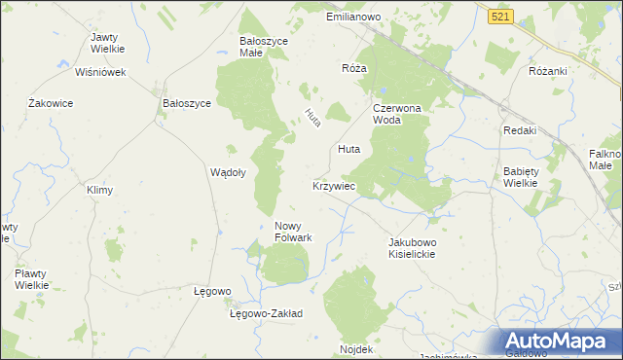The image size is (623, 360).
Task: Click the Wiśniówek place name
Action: pos(101,72)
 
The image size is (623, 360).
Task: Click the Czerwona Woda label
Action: pos(395,114)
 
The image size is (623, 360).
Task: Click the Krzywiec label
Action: pos(333,185)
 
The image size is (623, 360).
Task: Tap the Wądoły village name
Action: pos(228,171)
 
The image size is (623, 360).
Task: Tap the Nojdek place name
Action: pos(356,348)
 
